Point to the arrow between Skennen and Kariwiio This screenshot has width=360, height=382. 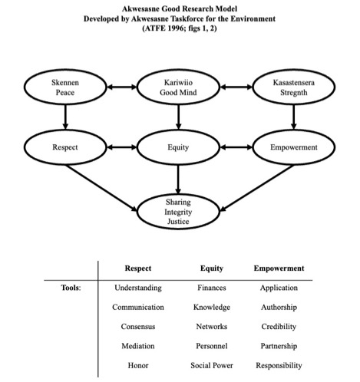click(x=122, y=87)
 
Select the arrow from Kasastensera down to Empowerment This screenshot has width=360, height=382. click(x=294, y=117)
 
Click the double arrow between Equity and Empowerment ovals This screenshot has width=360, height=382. click(x=236, y=147)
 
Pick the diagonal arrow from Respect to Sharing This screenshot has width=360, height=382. click(x=101, y=188)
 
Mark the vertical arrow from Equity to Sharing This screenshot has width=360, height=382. click(x=178, y=179)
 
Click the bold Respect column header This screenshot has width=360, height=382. click(x=138, y=268)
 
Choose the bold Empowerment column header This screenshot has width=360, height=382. click(x=279, y=268)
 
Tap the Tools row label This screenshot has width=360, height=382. click(x=71, y=288)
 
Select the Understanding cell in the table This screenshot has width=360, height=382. click(x=138, y=288)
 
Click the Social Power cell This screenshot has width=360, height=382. click(x=212, y=365)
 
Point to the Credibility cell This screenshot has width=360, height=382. click(x=279, y=327)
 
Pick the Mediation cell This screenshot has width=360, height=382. click(x=138, y=346)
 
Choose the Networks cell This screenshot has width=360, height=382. click(x=212, y=327)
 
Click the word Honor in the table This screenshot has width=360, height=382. click(x=138, y=365)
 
